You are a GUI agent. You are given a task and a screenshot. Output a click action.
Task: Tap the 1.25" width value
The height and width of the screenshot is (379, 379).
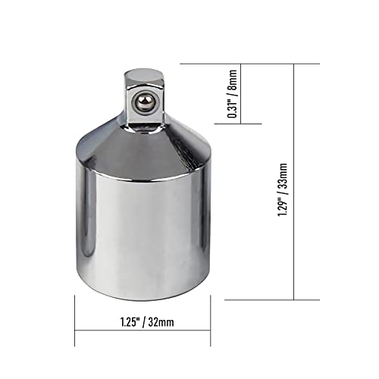pos(112,321)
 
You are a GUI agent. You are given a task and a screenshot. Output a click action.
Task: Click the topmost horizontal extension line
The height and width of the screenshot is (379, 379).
pos(288,64)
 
